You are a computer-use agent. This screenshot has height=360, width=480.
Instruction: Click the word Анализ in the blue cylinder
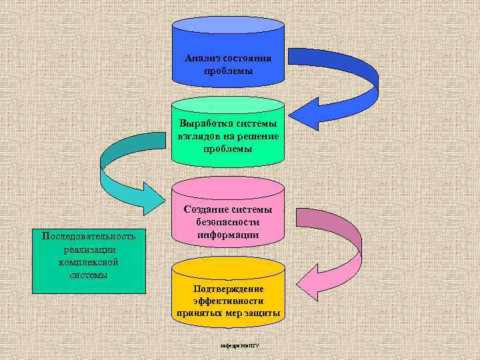[201, 59]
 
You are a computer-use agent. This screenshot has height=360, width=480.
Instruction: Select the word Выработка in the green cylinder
[204, 124]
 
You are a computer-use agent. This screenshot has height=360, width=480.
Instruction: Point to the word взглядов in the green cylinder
[199, 136]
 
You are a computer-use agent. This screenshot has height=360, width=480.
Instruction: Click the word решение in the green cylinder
[258, 136]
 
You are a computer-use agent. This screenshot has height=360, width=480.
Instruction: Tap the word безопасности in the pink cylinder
[228, 223]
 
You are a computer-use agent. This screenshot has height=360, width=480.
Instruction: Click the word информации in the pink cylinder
[228, 235]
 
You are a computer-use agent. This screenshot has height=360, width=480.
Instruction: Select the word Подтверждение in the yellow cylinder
[228, 289]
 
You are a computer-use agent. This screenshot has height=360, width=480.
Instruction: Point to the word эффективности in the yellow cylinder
[228, 301]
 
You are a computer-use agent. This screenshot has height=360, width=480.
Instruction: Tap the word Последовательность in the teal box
[88, 236]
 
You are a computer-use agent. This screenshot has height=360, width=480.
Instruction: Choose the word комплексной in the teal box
[88, 262]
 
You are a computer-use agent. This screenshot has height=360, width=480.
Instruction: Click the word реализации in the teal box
[88, 249]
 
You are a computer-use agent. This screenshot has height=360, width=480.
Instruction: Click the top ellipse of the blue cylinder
[228, 27]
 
